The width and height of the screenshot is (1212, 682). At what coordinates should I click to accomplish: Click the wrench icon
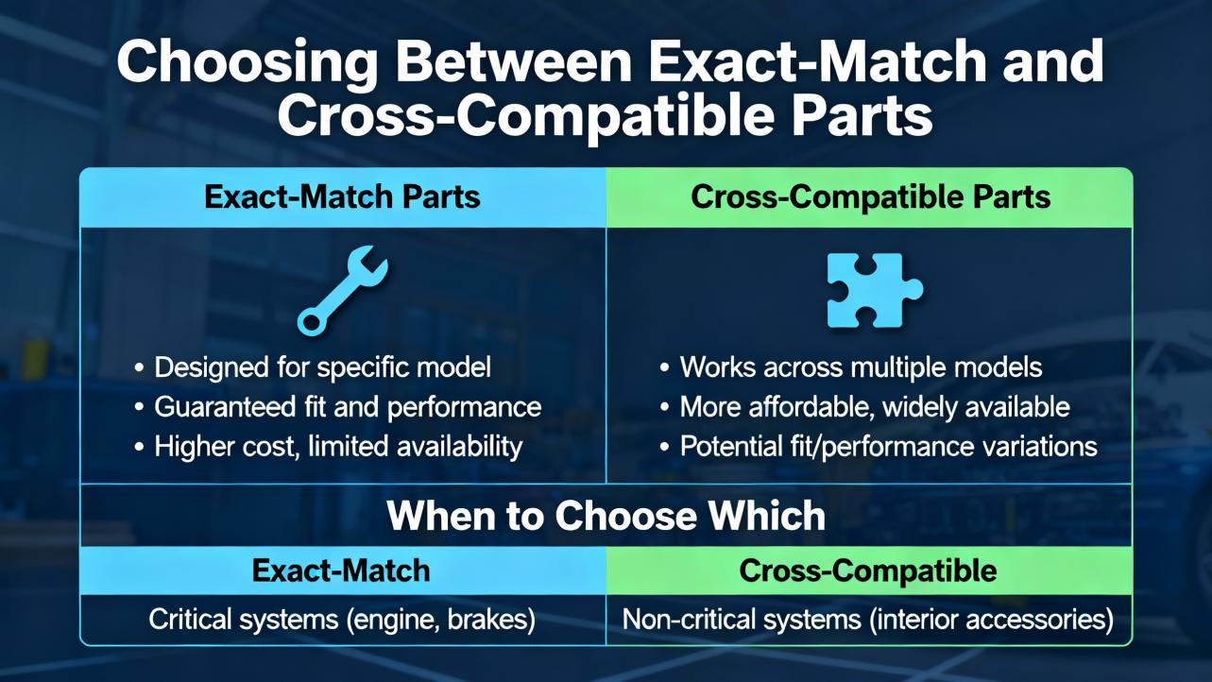[342, 291]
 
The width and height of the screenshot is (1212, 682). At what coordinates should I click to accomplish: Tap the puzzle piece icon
[875, 290]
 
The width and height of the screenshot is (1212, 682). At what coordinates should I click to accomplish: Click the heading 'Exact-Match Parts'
[342, 196]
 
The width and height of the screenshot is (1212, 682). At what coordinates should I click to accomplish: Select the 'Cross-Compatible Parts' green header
[870, 196]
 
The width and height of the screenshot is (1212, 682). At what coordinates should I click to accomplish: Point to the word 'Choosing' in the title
[247, 61]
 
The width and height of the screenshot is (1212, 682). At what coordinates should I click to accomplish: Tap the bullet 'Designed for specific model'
[322, 367]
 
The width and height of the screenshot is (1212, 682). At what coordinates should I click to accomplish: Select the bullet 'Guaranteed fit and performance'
[348, 407]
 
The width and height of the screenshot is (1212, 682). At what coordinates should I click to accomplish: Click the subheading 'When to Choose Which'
[606, 516]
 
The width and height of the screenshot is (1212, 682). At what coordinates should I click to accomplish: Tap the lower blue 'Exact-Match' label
[341, 571]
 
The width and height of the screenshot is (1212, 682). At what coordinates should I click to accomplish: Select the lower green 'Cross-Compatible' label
[868, 571]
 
